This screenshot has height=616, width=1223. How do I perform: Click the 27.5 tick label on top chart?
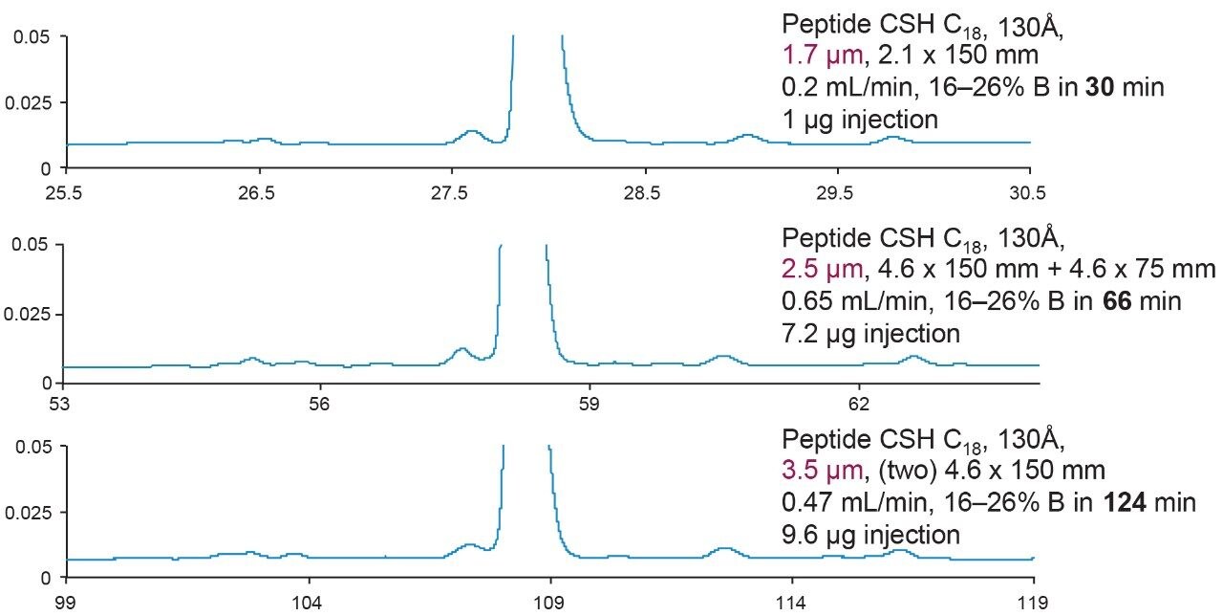pos(449,192)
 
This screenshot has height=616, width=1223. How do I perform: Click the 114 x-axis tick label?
pos(792,603)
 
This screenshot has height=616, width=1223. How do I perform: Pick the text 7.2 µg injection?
pos(869,333)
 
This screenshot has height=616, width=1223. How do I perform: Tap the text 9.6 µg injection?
pos(869,534)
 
